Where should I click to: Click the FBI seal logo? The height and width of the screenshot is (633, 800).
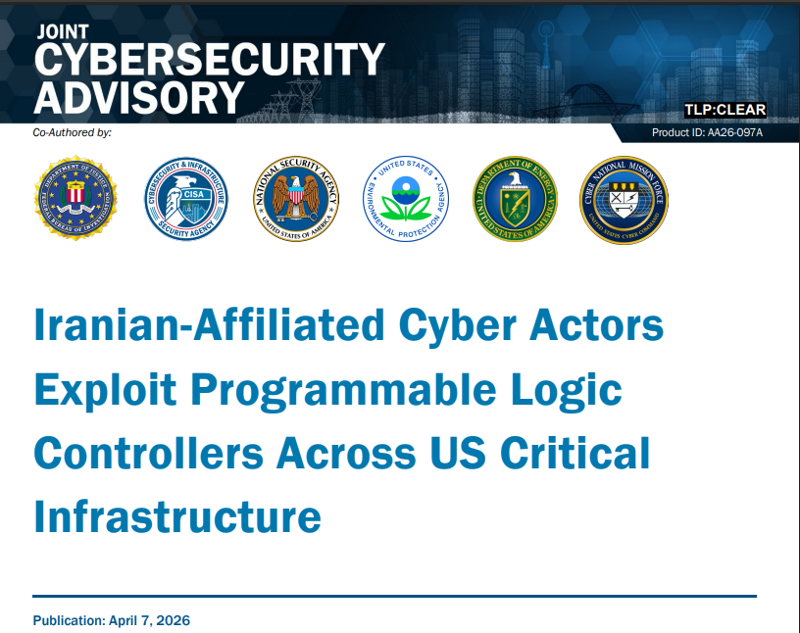click(x=76, y=199)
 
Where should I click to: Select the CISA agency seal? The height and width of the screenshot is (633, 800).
click(x=186, y=199)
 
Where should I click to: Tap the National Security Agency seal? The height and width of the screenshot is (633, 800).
click(x=295, y=199)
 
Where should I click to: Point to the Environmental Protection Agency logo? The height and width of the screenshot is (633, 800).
click(x=406, y=199)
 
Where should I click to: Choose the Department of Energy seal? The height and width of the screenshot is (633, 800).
click(x=515, y=199)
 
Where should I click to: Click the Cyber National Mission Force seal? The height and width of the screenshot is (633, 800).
click(x=624, y=199)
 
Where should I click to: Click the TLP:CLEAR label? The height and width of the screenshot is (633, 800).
click(x=725, y=110)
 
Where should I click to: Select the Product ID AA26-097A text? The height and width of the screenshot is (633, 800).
click(x=707, y=132)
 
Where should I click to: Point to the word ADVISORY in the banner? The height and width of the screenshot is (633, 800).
click(x=138, y=98)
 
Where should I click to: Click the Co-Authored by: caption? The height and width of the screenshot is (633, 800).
click(x=73, y=131)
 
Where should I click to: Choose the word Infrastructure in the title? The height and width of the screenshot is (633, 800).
click(x=177, y=516)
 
